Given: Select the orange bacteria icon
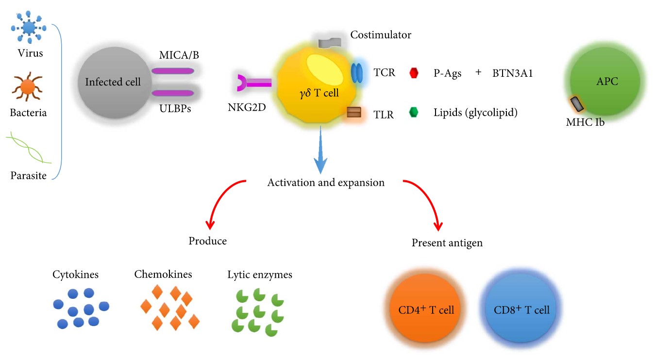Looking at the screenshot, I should tap(27, 88).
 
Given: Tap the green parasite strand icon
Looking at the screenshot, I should tap(28, 149).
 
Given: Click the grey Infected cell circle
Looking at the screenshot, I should tap(113, 82).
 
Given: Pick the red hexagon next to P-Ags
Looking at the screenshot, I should tap(414, 73).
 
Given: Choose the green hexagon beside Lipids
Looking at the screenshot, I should tap(414, 113).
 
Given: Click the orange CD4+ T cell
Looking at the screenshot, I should tap(426, 310).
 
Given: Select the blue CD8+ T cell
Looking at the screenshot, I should tap(521, 310).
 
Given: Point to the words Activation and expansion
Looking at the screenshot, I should tap(326, 183).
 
